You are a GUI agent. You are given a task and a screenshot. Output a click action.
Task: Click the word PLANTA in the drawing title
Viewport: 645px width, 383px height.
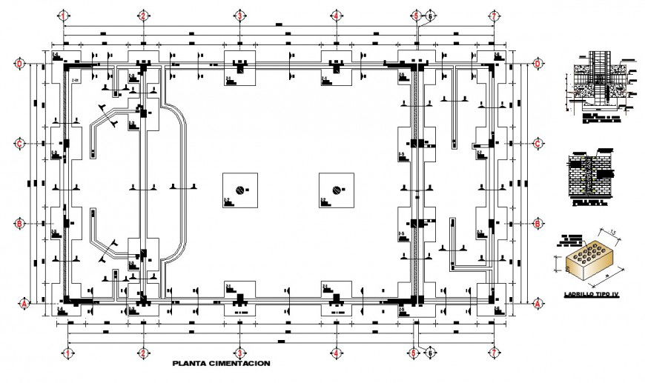[x=191, y=364]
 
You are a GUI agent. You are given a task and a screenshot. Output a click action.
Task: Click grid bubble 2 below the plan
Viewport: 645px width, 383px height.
[x=142, y=353]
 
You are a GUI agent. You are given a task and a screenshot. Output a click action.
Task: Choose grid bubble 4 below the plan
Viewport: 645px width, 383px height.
[x=336, y=353]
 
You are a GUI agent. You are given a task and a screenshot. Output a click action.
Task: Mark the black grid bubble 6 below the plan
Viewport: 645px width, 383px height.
[x=429, y=354]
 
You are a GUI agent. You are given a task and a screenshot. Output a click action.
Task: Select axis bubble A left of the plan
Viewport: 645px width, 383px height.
[x=21, y=303]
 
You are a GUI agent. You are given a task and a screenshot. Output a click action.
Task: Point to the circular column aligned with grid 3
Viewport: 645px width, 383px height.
[x=239, y=190]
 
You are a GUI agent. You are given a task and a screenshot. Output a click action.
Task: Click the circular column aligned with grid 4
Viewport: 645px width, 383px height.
[x=337, y=190]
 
